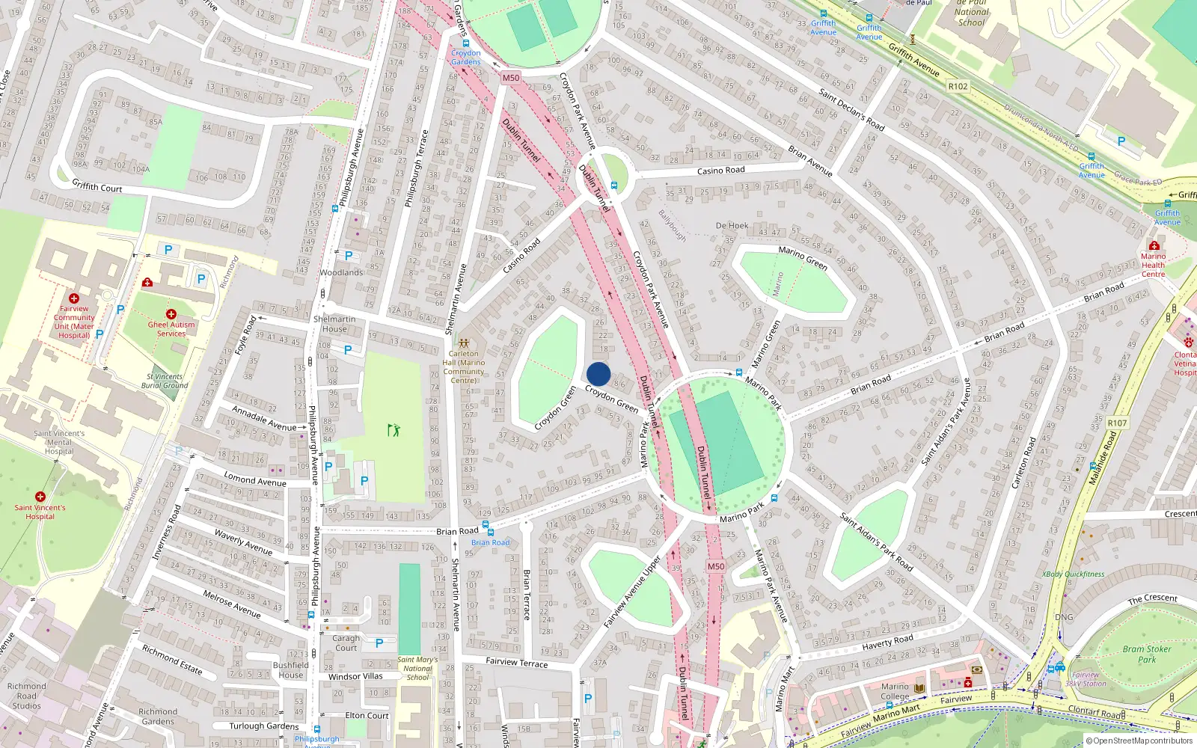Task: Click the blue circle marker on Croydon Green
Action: point(598,374)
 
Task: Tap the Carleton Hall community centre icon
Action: point(464,343)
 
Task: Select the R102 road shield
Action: point(958,86)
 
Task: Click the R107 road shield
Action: point(1117,423)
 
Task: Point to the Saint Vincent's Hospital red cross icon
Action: point(40,497)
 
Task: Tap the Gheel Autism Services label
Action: point(171,329)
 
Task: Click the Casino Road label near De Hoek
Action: point(720,171)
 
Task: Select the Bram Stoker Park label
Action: point(1147,654)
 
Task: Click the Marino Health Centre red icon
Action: point(1154,245)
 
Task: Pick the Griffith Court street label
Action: point(97,186)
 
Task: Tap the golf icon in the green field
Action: point(394,429)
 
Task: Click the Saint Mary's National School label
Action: point(417,669)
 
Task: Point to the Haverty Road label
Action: point(887,642)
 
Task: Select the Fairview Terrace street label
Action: point(516,662)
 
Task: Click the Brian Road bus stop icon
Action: point(486,526)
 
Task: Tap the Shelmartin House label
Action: point(334,324)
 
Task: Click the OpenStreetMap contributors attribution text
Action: point(1139,741)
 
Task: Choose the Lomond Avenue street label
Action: point(255,479)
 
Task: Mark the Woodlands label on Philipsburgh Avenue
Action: point(341,272)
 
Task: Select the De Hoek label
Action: point(732,225)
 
